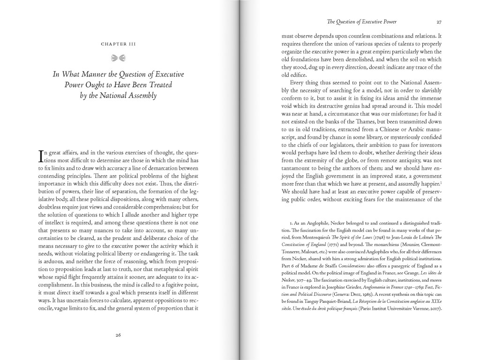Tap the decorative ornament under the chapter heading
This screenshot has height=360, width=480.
click(x=118, y=58)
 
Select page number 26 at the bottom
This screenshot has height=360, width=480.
click(x=118, y=335)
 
